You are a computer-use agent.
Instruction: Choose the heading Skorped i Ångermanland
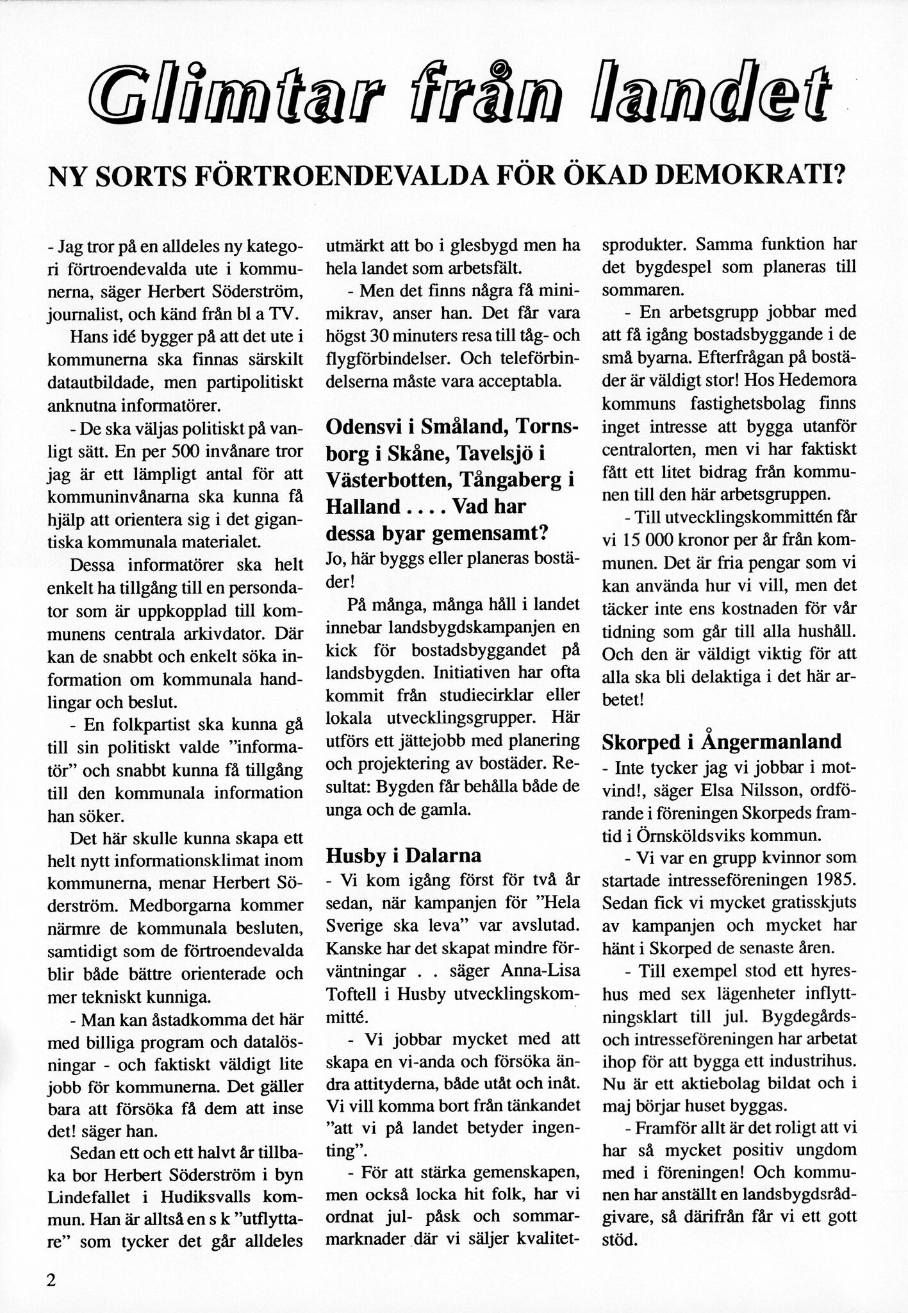pyautogui.click(x=722, y=742)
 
